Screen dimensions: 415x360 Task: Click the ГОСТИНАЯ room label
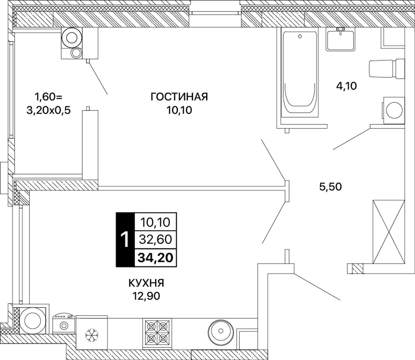tap(179, 97)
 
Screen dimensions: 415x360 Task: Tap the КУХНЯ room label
tap(146, 283)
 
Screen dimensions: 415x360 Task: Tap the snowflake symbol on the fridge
tap(92, 335)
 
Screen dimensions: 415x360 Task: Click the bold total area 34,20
tap(155, 258)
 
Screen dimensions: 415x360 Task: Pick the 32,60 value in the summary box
tap(155, 239)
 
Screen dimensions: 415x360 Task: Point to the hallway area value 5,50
tap(330, 187)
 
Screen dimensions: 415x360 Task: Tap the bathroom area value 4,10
tap(347, 86)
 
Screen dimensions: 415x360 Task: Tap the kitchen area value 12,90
tap(146, 296)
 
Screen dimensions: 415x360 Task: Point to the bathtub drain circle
tap(300, 36)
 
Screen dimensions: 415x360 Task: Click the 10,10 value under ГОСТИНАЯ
tap(179, 110)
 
